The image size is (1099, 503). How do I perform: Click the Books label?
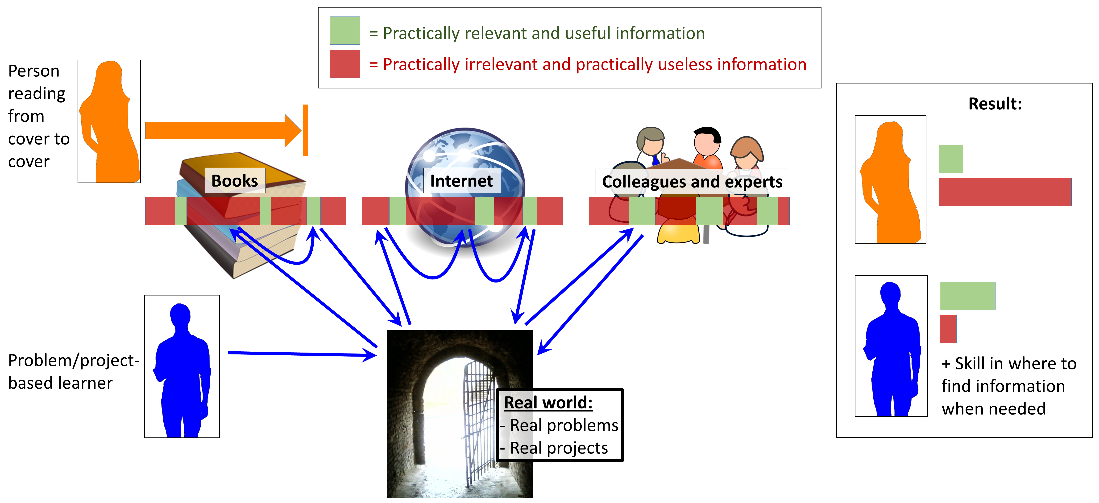point(235,181)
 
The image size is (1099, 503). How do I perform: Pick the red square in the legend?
point(345,64)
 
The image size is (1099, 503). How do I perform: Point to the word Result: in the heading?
point(995,104)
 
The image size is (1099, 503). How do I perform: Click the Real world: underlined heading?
point(548,403)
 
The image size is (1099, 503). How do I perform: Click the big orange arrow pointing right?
point(222,131)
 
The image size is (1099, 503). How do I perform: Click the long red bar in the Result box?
point(1005,192)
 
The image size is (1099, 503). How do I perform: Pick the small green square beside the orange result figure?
point(950,159)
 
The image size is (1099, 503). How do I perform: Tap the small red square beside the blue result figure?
point(948,329)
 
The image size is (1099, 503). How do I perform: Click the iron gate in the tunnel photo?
point(478,422)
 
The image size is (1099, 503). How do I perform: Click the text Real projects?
point(559,448)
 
